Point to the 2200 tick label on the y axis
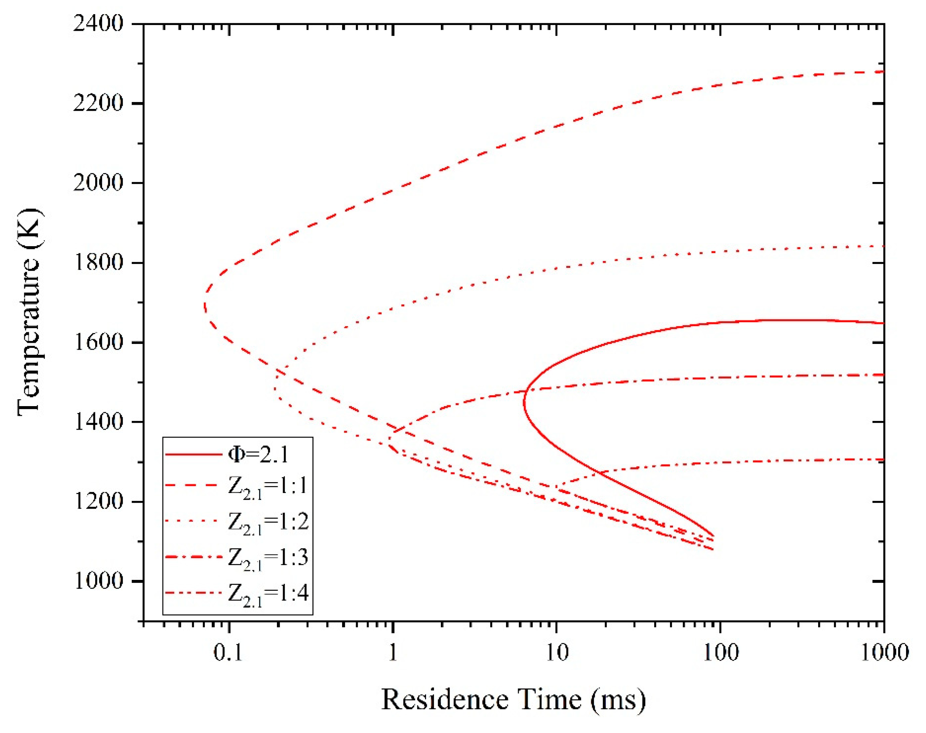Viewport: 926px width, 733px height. click(x=98, y=103)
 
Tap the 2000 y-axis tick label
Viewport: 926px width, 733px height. click(x=98, y=183)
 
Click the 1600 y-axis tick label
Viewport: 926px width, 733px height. click(x=98, y=342)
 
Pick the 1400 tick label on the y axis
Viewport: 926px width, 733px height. click(x=98, y=422)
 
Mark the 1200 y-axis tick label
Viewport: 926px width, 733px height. click(x=98, y=501)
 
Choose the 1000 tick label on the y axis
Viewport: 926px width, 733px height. click(x=98, y=581)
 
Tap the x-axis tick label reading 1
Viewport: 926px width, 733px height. click(x=393, y=653)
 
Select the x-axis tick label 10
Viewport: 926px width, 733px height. click(x=556, y=653)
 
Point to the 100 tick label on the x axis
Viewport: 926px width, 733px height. click(x=720, y=653)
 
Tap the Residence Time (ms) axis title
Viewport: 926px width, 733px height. click(x=513, y=700)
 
